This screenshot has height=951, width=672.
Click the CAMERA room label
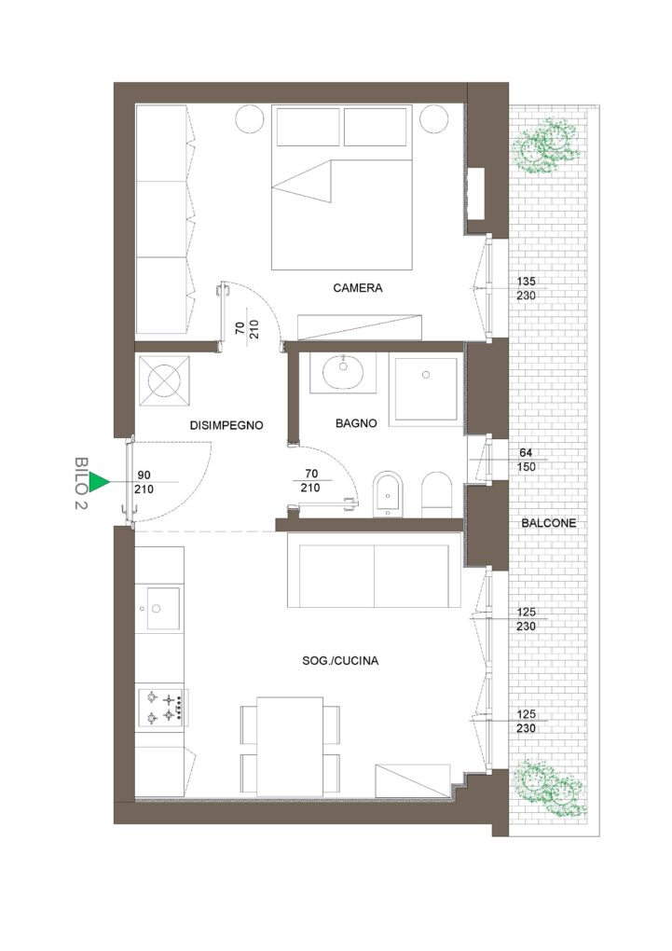357,288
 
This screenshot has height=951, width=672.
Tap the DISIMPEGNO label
226,425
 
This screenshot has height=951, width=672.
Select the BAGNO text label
356,423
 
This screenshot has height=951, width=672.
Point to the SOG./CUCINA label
340,660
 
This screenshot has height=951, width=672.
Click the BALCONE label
549,523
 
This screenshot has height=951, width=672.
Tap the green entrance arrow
99,482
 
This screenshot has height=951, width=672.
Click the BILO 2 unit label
81,483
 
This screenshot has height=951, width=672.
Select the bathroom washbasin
343,372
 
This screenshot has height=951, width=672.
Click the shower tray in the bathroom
426,389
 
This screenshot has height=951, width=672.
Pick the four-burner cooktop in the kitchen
162,707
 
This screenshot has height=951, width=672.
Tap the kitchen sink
158,608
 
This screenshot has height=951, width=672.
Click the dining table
290,747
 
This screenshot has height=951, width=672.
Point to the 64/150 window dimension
527,460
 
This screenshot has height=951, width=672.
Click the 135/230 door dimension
527,289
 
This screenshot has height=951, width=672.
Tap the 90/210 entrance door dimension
144,482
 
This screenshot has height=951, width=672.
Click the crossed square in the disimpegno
164,381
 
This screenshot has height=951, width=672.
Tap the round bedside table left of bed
251,119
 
